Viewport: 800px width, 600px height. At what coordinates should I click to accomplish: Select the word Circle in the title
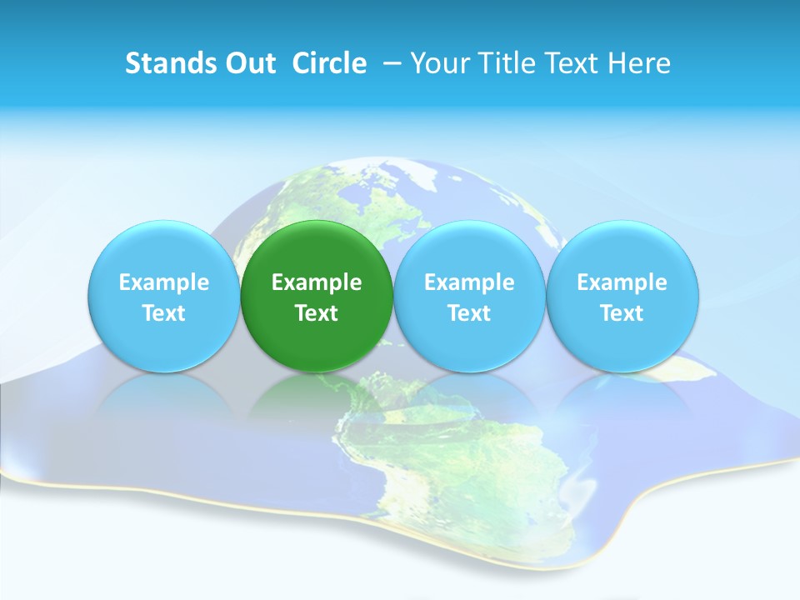[329, 63]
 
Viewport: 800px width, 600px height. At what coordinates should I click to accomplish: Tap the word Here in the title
[637, 63]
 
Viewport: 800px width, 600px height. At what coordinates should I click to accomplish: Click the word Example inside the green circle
[317, 283]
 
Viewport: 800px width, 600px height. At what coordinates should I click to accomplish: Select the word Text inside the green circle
[317, 313]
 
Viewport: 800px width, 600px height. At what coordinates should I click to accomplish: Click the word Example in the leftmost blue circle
[164, 283]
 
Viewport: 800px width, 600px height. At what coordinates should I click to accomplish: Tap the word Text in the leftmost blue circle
[164, 313]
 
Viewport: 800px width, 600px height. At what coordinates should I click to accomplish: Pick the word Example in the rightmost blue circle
[622, 283]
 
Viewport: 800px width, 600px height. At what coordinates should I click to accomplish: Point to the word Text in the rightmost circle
[622, 313]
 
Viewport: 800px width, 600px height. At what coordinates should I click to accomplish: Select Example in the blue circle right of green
[469, 283]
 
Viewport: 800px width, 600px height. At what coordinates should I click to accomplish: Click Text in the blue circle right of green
[469, 313]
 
